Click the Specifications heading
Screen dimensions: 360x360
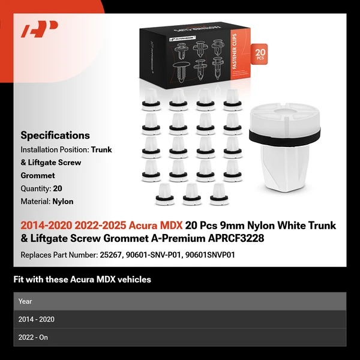(x=55, y=136)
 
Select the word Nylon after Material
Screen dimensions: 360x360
(x=63, y=202)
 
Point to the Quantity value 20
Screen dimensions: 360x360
(x=58, y=188)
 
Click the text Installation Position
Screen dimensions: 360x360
(x=54, y=149)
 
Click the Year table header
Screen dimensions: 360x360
(x=25, y=301)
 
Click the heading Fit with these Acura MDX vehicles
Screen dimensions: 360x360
(x=82, y=280)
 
